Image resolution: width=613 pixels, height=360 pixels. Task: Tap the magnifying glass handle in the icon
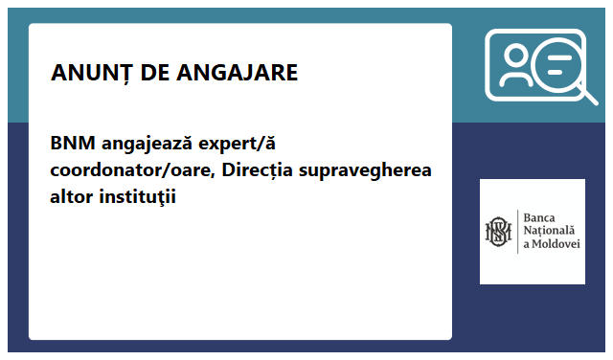point(587,95)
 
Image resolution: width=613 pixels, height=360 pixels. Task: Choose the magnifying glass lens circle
point(558,66)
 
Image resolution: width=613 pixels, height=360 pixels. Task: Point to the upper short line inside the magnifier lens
point(559,59)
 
